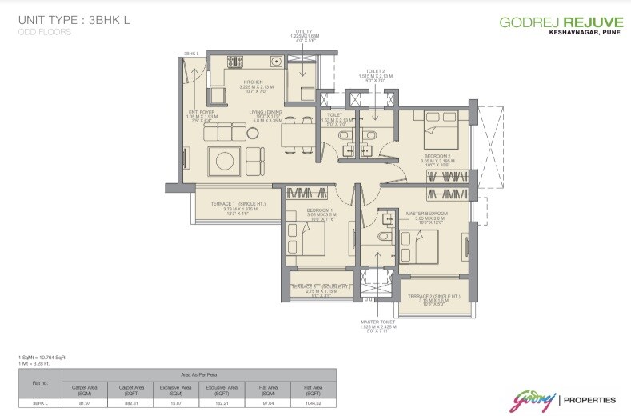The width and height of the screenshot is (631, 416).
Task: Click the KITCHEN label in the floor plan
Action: tap(254, 82)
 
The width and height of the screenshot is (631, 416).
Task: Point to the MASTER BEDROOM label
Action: tap(425, 214)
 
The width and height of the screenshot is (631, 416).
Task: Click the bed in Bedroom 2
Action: tap(438, 126)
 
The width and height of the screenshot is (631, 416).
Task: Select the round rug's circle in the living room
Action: tap(223, 159)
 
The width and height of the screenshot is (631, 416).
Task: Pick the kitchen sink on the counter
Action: tap(274, 60)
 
